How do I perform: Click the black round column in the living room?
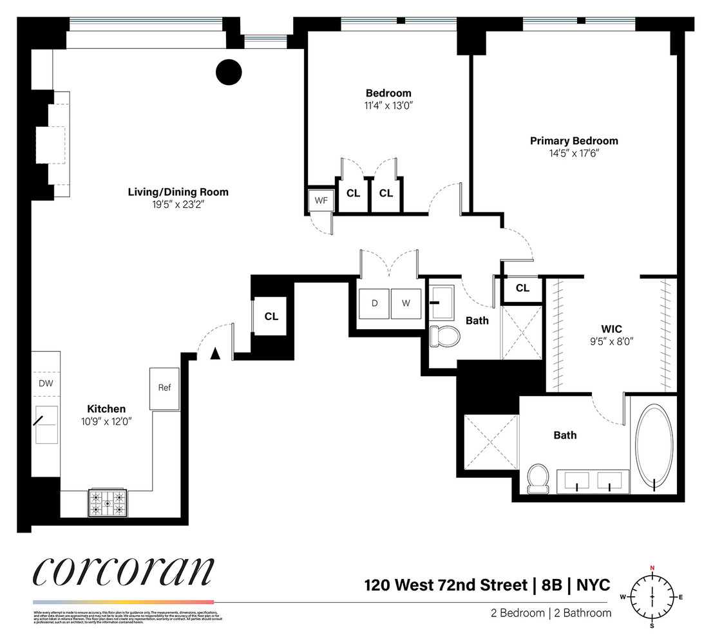point(228,71)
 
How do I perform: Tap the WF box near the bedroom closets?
point(320,200)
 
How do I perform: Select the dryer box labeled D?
point(374,303)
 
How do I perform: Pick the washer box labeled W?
point(405,303)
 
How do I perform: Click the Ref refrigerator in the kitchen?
point(164,388)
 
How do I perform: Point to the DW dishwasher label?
point(46,383)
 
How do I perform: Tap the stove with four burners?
point(108,502)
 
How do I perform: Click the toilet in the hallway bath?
point(444,335)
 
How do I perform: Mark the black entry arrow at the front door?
point(216,353)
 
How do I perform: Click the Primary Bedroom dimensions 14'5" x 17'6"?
point(573,153)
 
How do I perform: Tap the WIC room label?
point(611,328)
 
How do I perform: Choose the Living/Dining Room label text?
point(178,192)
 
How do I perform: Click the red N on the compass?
point(652,567)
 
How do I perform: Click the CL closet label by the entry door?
point(271,316)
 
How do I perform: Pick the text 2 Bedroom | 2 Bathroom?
point(550,613)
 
